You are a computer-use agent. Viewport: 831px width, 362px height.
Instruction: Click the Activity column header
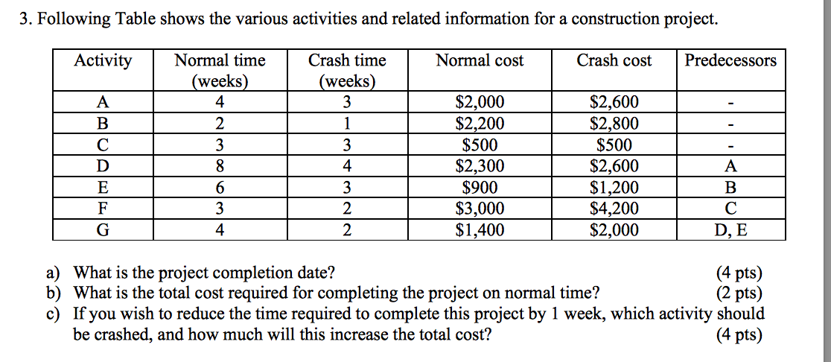[103, 60]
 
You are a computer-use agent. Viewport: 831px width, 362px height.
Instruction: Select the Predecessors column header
[730, 60]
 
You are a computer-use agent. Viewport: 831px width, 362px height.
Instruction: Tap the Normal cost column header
[480, 60]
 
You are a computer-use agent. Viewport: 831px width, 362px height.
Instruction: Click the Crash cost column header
[614, 60]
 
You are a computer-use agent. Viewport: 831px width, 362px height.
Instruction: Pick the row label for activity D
[103, 166]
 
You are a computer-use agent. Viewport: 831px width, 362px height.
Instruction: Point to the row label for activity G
[103, 230]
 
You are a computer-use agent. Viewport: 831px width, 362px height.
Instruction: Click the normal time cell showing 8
[219, 166]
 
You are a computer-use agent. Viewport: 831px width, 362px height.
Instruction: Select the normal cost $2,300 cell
[480, 166]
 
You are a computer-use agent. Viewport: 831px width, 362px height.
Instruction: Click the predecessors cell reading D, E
[730, 230]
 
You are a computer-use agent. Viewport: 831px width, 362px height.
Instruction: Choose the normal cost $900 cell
[480, 188]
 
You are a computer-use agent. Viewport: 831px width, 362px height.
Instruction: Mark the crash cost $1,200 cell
[614, 188]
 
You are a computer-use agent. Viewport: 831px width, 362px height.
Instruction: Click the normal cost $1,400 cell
[480, 230]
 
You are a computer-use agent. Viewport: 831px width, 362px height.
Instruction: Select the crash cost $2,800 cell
[614, 124]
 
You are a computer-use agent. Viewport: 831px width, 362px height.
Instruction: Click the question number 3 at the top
[24, 19]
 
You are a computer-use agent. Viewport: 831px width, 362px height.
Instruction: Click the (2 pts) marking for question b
[738, 293]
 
